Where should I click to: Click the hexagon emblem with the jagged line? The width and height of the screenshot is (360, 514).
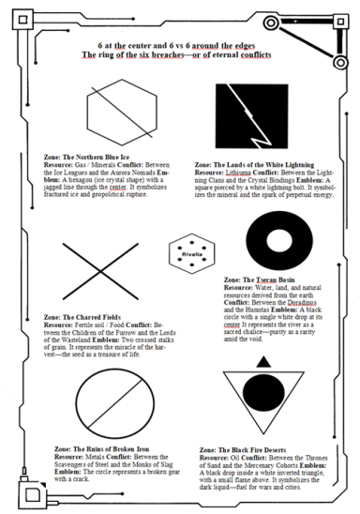[x=112, y=110]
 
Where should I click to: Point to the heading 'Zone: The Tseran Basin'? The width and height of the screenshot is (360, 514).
[x=260, y=280]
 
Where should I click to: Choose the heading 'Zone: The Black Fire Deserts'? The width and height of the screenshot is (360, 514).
[x=247, y=450]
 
